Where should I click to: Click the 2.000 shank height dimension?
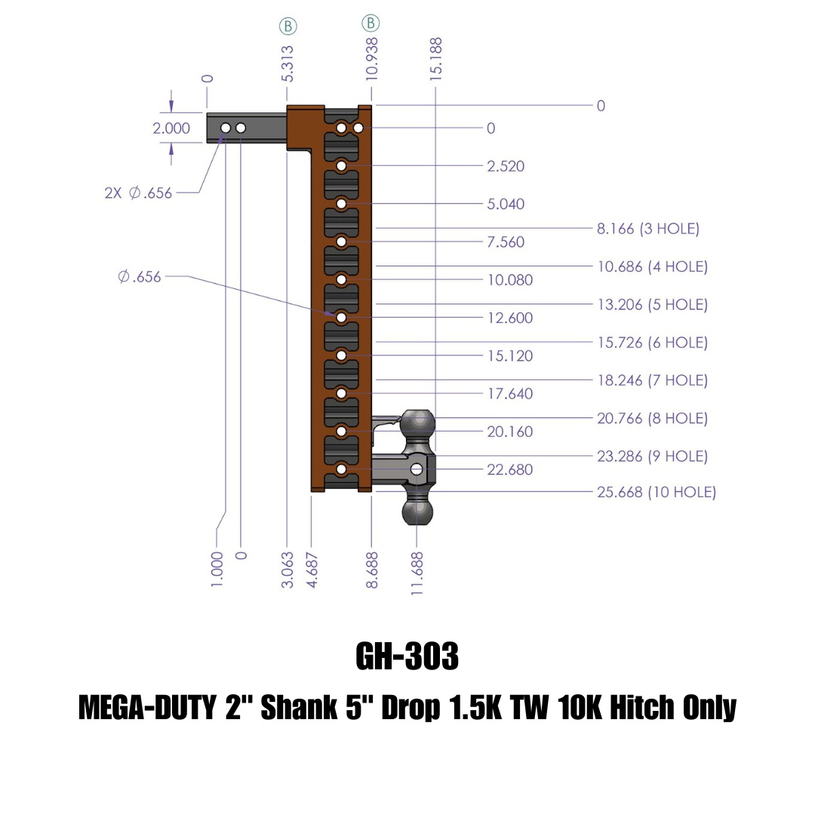click(x=171, y=128)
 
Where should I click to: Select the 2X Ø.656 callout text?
click(x=138, y=193)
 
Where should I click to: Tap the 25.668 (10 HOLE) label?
click(x=657, y=492)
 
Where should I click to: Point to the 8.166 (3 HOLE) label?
click(x=648, y=228)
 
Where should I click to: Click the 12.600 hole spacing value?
click(x=510, y=318)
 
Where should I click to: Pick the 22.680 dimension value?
click(x=510, y=469)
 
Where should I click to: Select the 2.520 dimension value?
click(x=506, y=166)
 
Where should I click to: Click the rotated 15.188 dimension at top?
click(x=435, y=59)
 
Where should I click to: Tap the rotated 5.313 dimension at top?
click(x=288, y=63)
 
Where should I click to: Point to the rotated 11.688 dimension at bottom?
click(x=417, y=574)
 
